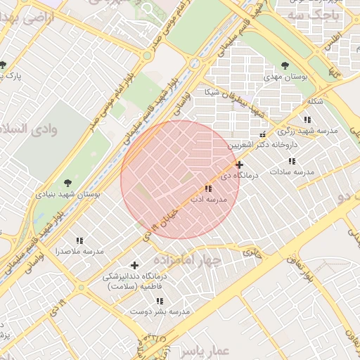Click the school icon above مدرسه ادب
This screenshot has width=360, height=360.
point(207,188)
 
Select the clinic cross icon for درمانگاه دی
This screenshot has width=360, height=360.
point(240,164)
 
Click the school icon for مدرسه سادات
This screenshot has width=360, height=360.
point(292,161)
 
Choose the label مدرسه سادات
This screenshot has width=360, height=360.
point(292,172)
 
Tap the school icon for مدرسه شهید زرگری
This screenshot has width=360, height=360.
point(307,120)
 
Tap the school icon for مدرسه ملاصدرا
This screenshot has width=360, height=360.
point(79,240)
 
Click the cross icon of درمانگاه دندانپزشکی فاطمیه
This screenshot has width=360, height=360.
point(134,265)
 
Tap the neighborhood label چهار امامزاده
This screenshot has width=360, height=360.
point(188,259)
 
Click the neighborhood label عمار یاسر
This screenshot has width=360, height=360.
point(200,349)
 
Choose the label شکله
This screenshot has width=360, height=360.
point(315,101)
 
